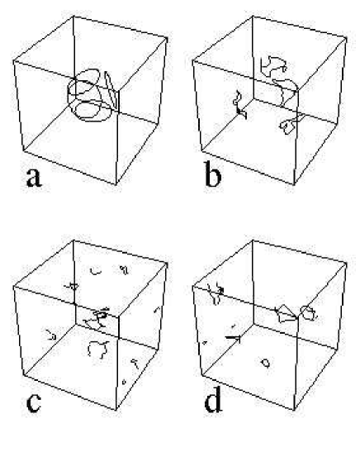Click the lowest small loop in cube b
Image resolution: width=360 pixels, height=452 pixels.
point(289,125)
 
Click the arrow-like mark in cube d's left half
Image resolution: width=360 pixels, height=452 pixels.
point(234,337)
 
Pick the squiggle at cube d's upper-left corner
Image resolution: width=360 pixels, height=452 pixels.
point(216,291)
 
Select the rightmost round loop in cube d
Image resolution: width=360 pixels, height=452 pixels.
point(309,312)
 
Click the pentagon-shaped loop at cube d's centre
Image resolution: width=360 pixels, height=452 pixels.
point(285,312)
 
